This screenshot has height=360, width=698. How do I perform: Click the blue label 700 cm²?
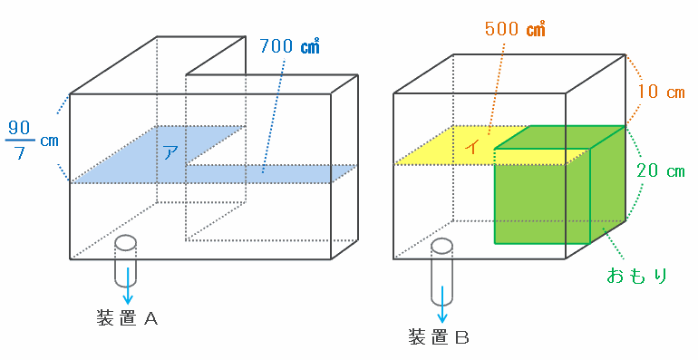[289, 46]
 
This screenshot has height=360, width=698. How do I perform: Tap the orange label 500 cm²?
[515, 29]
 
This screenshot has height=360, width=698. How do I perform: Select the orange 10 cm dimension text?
[661, 92]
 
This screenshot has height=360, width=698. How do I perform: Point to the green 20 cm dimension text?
[661, 170]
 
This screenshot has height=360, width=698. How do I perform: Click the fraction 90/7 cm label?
[32, 141]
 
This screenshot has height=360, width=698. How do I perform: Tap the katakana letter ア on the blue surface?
[170, 153]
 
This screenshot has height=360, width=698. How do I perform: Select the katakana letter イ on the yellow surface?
[473, 146]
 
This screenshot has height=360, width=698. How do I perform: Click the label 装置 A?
[127, 318]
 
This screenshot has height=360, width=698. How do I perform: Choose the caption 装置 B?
[439, 337]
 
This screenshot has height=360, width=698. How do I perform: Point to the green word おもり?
[637, 276]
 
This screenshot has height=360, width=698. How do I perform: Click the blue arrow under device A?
[128, 286]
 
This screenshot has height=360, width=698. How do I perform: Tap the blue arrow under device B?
[442, 304]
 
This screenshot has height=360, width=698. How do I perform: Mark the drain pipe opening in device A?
[125, 243]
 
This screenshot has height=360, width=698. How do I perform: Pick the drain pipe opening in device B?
[441, 246]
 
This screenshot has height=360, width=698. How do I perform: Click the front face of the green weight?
[542, 196]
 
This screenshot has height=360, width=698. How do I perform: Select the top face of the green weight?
[560, 137]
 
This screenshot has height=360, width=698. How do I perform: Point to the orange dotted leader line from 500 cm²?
[496, 88]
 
